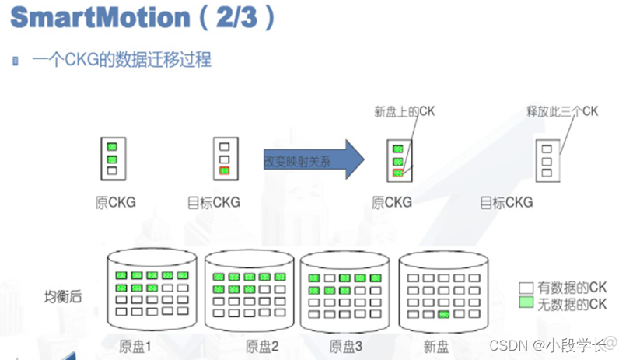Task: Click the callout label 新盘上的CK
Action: pos(404,112)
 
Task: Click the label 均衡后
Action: pos(63,296)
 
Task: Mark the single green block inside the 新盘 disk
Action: pos(443,314)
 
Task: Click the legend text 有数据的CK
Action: pos(571,288)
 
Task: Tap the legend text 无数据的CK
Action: pos(571,304)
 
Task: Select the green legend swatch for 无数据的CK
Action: pos(526,304)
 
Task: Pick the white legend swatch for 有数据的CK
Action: pos(526,288)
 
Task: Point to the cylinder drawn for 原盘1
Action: pos(148,292)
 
